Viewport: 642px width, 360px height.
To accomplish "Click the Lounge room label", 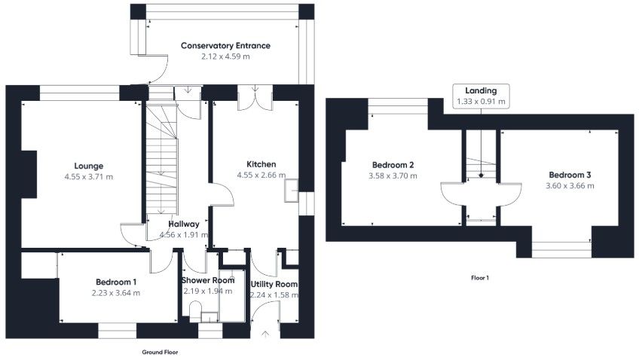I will click(x=89, y=166).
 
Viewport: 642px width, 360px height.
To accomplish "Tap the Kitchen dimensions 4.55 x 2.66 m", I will click(x=261, y=175).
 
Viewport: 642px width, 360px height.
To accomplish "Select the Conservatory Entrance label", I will click(x=225, y=46).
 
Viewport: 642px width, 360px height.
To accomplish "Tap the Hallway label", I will click(x=184, y=224).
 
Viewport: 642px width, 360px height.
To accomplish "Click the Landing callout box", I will click(x=481, y=95).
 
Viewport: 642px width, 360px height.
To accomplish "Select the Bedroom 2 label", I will click(x=393, y=165).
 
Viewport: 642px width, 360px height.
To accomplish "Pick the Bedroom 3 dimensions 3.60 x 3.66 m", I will click(x=570, y=185).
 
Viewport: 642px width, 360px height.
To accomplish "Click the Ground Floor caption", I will click(x=160, y=352).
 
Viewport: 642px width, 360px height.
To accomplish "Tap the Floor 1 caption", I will click(x=480, y=278).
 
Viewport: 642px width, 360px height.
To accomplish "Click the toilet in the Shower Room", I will click(x=193, y=311).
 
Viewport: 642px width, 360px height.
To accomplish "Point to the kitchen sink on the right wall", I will click(x=290, y=191).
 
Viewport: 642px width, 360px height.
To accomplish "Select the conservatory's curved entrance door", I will click(x=154, y=69).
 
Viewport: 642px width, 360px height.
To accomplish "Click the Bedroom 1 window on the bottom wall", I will click(x=116, y=330).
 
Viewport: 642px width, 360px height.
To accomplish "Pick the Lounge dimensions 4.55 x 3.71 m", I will click(x=89, y=177).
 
